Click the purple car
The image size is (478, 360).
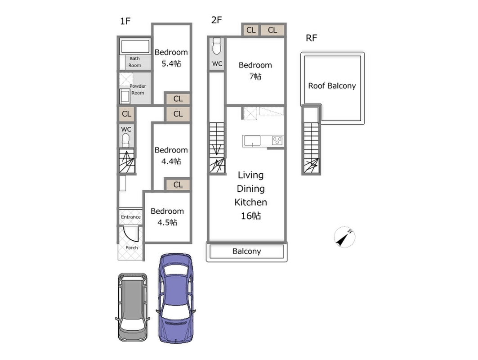tap(175, 298)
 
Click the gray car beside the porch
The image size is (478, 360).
tap(133, 307)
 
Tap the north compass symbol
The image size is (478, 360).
tap(344, 237)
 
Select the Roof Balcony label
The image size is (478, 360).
tap(332, 86)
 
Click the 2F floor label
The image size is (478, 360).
tap(216, 20)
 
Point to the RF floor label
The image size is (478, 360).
tap(311, 38)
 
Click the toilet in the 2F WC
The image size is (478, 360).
tap(217, 46)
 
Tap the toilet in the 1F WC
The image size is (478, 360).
tap(126, 140)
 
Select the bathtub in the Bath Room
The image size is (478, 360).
tap(135, 46)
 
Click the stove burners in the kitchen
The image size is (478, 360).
tap(277, 141)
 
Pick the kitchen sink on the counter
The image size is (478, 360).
tap(252, 141)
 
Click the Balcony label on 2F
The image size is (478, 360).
tap(246, 251)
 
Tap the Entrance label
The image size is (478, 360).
tap(131, 217)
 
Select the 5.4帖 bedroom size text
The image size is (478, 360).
tap(171, 63)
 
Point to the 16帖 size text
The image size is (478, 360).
tap(250, 216)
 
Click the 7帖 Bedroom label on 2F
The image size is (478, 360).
tap(255, 71)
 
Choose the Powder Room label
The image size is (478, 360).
tap(138, 90)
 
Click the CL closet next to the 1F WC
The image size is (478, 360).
tap(126, 114)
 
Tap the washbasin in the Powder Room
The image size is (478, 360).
tap(125, 96)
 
